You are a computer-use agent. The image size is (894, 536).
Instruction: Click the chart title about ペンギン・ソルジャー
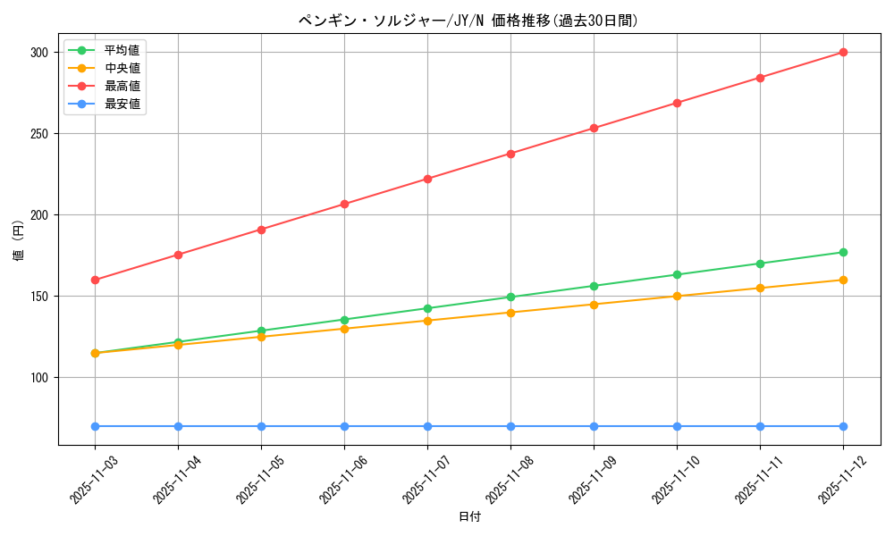(468, 21)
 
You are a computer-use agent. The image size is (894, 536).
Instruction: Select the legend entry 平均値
(122, 50)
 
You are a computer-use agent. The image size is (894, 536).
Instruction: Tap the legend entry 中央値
(122, 68)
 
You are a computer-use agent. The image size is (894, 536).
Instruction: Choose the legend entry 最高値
(122, 86)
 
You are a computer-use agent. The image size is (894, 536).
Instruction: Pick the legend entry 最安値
(122, 104)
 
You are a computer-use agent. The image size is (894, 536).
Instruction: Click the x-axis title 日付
(468, 517)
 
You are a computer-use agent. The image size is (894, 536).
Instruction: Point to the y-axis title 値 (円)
(19, 239)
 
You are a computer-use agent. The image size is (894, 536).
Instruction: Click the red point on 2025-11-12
(843, 53)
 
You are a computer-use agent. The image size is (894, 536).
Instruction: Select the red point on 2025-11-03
(96, 280)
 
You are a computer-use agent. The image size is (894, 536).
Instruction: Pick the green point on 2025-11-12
(843, 252)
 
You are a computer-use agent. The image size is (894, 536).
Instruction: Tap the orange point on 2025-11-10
(677, 297)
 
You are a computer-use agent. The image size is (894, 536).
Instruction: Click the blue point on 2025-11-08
(510, 426)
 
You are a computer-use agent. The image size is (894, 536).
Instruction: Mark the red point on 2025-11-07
(427, 179)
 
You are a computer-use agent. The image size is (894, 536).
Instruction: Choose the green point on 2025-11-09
(594, 286)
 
